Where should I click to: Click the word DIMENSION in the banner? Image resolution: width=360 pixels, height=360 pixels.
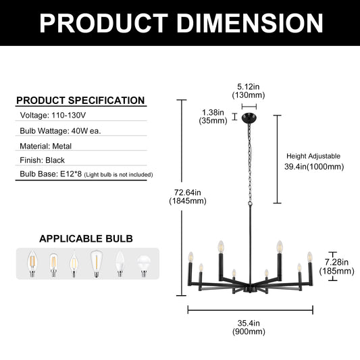[249, 24]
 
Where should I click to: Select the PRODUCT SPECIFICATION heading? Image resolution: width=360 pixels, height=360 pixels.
[80, 101]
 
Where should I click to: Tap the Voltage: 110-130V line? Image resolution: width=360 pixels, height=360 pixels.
[53, 115]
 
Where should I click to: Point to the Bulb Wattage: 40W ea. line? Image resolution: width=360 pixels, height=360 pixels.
[60, 131]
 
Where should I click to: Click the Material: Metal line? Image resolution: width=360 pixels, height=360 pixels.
[45, 147]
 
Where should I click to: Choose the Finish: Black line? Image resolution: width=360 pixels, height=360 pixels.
[42, 160]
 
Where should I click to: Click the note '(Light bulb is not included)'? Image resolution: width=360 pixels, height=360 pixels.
[118, 175]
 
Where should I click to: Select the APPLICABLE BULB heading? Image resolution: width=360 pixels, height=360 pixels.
[86, 239]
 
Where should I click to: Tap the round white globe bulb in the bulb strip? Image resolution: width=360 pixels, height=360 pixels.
[144, 266]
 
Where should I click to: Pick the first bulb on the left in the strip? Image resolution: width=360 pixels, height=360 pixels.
[32, 263]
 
